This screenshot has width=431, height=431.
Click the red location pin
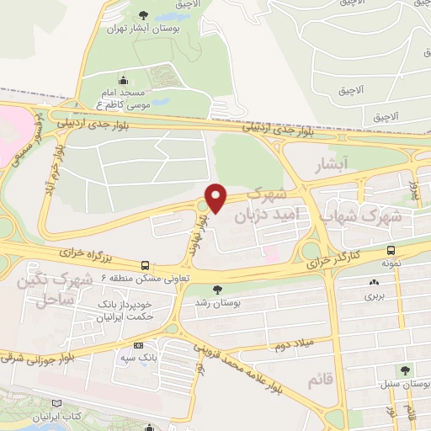tap(217, 197)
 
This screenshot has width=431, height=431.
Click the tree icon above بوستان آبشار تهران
tap(142, 13)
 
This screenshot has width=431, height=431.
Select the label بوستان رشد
tap(218, 301)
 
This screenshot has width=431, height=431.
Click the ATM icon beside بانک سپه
tap(139, 344)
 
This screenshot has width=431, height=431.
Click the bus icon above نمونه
tap(391, 250)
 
